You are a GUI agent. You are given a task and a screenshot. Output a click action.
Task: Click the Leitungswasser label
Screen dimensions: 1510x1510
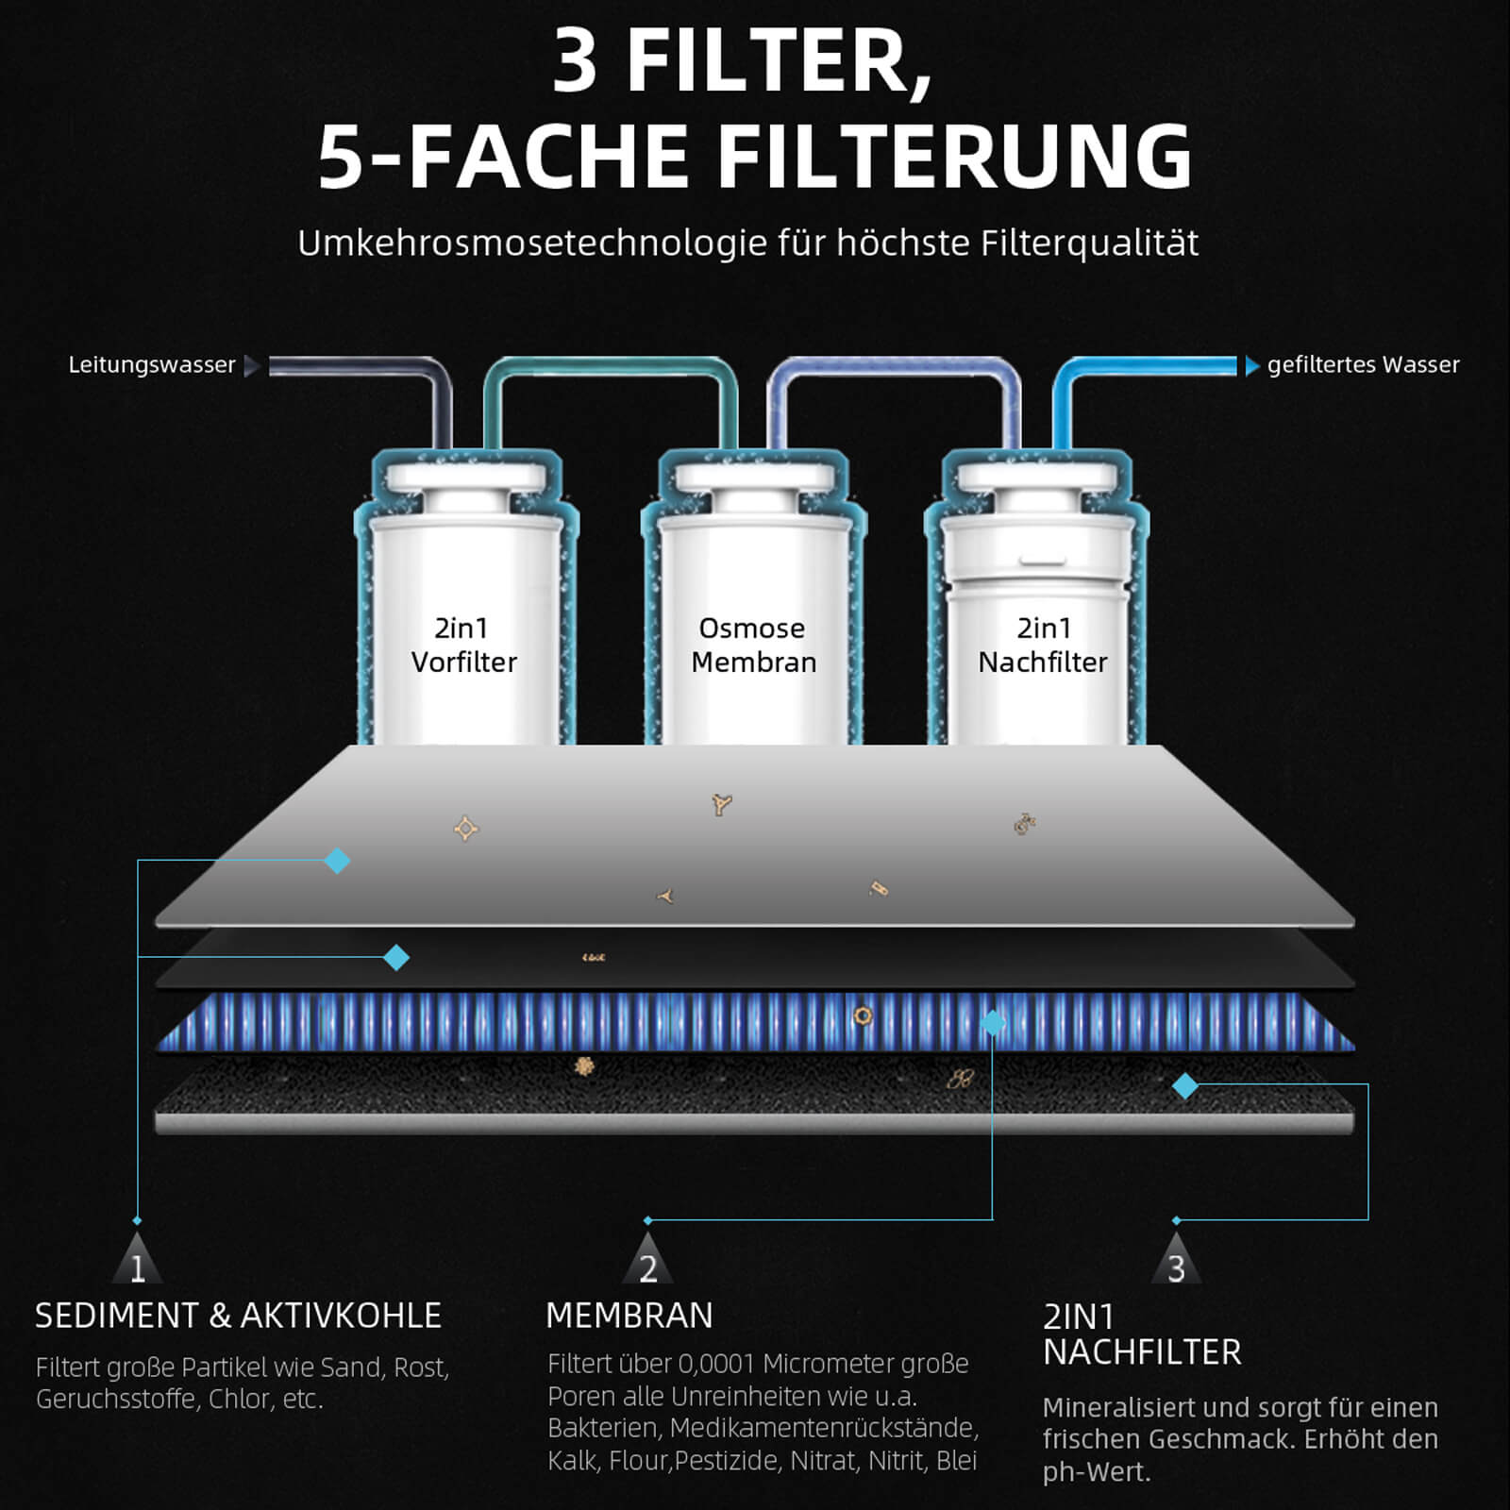pyautogui.click(x=152, y=365)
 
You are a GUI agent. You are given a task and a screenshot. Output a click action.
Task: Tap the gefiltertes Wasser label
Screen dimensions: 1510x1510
pyautogui.click(x=1363, y=365)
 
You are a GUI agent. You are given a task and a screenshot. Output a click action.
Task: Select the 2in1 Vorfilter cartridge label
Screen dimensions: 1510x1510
pyautogui.click(x=463, y=645)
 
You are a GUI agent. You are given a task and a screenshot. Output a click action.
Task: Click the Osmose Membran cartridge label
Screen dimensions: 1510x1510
pyautogui.click(x=753, y=645)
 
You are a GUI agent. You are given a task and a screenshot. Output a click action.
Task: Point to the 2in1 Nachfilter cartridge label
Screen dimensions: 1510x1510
pyautogui.click(x=1043, y=645)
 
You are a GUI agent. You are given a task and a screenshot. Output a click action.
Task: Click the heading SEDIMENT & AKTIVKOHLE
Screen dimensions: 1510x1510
pyautogui.click(x=238, y=1316)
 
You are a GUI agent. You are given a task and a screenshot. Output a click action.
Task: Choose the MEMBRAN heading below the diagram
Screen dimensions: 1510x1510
pyautogui.click(x=629, y=1316)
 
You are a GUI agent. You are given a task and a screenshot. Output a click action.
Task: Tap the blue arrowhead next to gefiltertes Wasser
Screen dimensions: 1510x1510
pyautogui.click(x=1252, y=366)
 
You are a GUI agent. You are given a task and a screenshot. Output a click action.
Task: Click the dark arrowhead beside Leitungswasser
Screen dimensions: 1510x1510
pyautogui.click(x=252, y=366)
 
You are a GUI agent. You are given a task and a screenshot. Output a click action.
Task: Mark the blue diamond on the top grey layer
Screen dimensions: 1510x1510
pyautogui.click(x=337, y=861)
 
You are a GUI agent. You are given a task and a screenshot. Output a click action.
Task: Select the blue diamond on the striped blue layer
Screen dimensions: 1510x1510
pyautogui.click(x=993, y=1023)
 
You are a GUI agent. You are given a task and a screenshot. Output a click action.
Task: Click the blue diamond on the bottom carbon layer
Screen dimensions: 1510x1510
pyautogui.click(x=1185, y=1086)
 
